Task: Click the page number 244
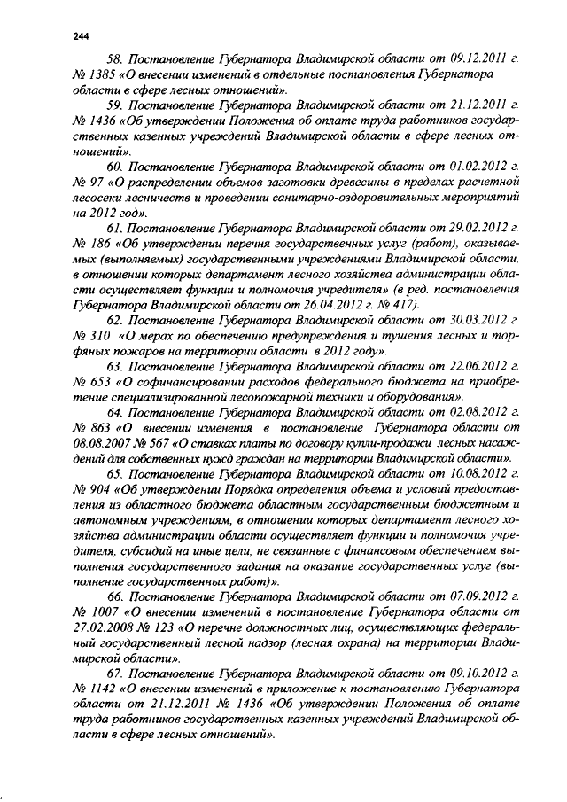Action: [x=81, y=36]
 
